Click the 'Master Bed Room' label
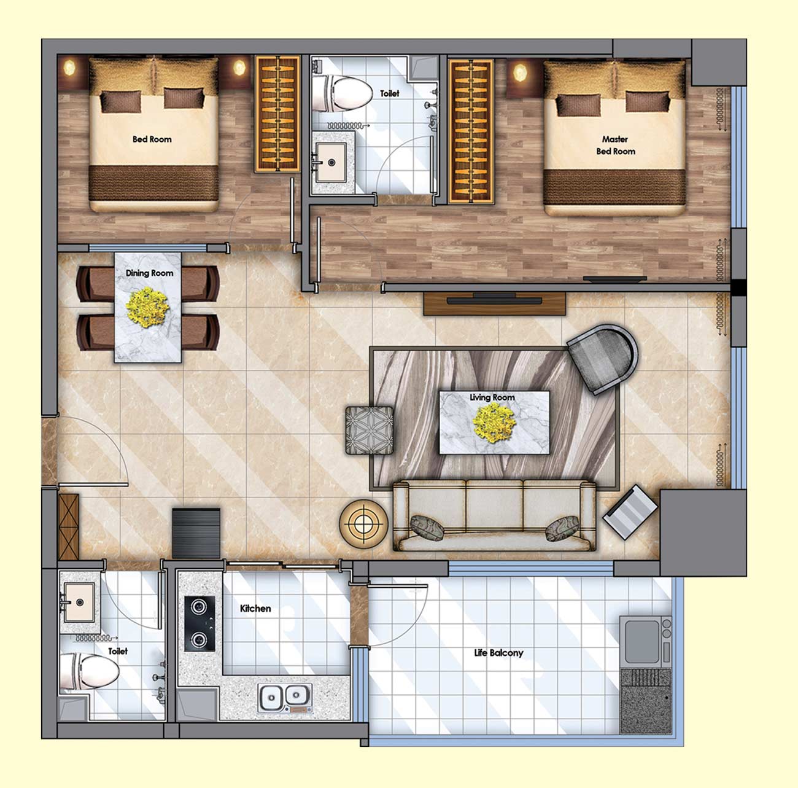click(x=615, y=145)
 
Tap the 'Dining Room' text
click(x=150, y=273)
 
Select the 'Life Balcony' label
click(x=498, y=653)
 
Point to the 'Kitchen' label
click(x=255, y=609)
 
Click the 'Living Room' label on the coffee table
click(x=492, y=397)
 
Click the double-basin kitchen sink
click(x=285, y=698)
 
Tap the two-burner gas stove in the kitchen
click(x=199, y=623)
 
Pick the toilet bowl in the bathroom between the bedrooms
click(x=342, y=94)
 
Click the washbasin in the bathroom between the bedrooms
click(x=331, y=162)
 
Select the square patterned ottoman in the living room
click(x=370, y=431)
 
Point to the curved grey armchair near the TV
click(x=603, y=359)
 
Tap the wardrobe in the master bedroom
click(x=471, y=131)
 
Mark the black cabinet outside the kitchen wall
click(x=196, y=534)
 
